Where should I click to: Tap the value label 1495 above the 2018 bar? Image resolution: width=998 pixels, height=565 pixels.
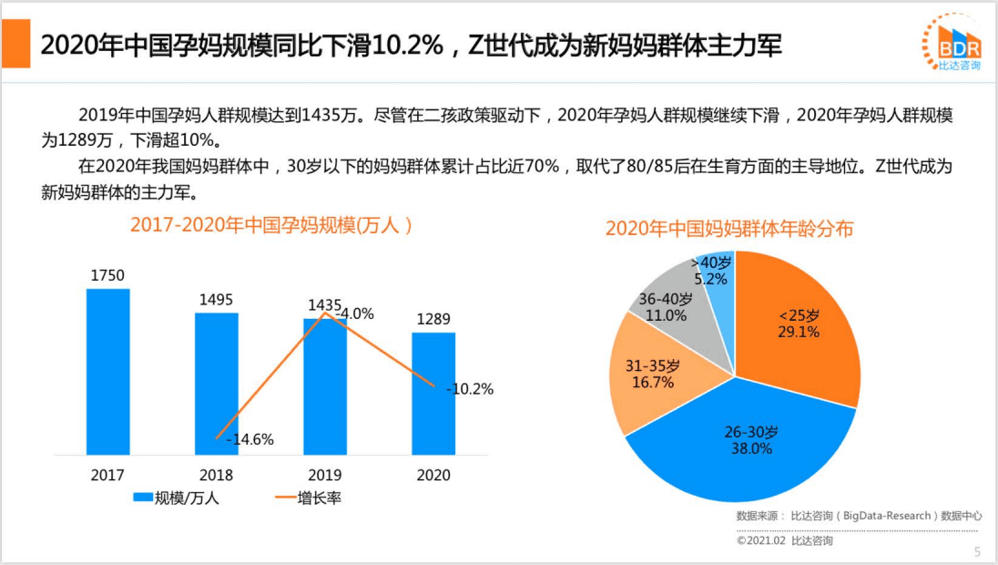click(x=217, y=299)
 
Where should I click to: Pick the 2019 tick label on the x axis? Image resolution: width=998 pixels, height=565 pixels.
click(x=325, y=475)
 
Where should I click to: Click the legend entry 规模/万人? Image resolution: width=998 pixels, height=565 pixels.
click(x=177, y=498)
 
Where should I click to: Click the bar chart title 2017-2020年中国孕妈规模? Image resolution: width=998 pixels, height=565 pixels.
click(x=270, y=225)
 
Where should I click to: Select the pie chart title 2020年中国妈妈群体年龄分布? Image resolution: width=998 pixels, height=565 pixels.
click(x=729, y=229)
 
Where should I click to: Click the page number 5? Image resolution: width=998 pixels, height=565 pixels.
click(x=977, y=551)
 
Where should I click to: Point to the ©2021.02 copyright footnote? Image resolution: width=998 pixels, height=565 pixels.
click(x=784, y=540)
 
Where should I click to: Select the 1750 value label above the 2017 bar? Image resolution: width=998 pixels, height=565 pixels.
click(x=107, y=275)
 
